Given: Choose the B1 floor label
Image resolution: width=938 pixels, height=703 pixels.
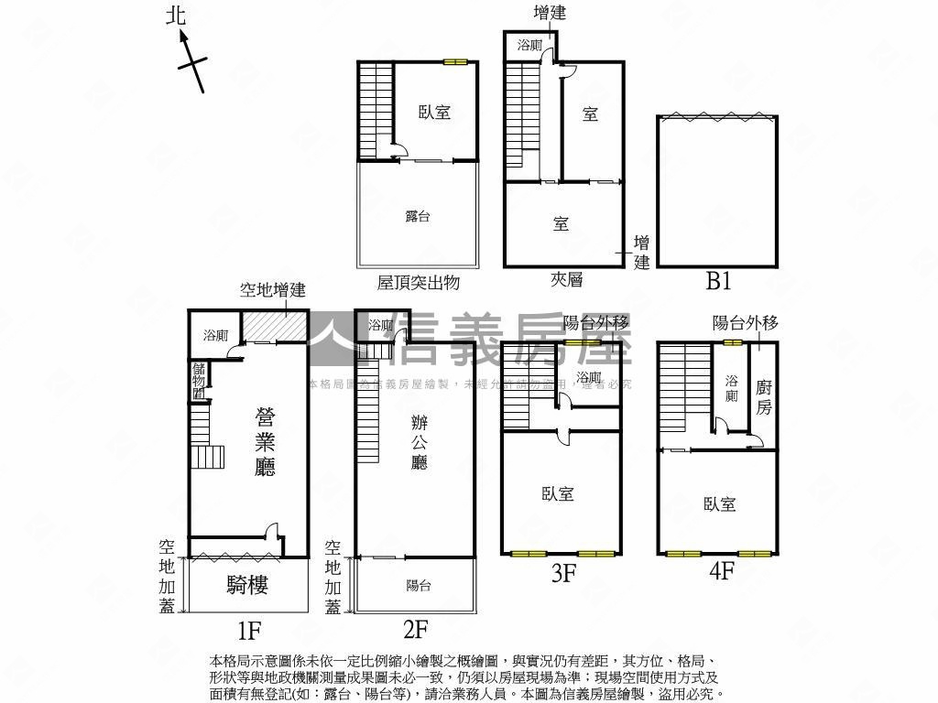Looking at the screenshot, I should pos(718,282).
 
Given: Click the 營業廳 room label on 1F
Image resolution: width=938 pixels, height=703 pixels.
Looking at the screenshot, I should pos(265,442).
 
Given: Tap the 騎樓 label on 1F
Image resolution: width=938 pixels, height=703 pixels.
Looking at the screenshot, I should pos(247,585).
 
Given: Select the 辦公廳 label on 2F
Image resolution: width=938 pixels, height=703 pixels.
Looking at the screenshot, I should pos(419,441).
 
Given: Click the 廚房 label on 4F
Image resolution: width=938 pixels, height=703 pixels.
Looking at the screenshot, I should pos(764,397).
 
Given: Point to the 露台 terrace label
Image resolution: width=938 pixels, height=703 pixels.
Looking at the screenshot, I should pos(418,217).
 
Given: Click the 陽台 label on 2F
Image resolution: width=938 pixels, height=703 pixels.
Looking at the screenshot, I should pos(419,586).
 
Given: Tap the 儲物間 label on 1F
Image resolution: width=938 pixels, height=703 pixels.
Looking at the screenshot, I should pos(199,381).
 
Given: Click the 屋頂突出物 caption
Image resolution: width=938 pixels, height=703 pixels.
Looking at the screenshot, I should pos(418,283).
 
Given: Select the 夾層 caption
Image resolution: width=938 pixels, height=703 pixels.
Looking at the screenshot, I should pos(567,280).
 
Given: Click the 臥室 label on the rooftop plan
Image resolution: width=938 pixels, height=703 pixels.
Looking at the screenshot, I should pos(434,113).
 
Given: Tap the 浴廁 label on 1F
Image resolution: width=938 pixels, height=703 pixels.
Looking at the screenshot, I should pos(215,335).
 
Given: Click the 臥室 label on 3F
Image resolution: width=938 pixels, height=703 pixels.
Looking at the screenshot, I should pos(558,494).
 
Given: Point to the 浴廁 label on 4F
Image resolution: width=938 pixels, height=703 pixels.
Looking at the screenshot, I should pos(732,388).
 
